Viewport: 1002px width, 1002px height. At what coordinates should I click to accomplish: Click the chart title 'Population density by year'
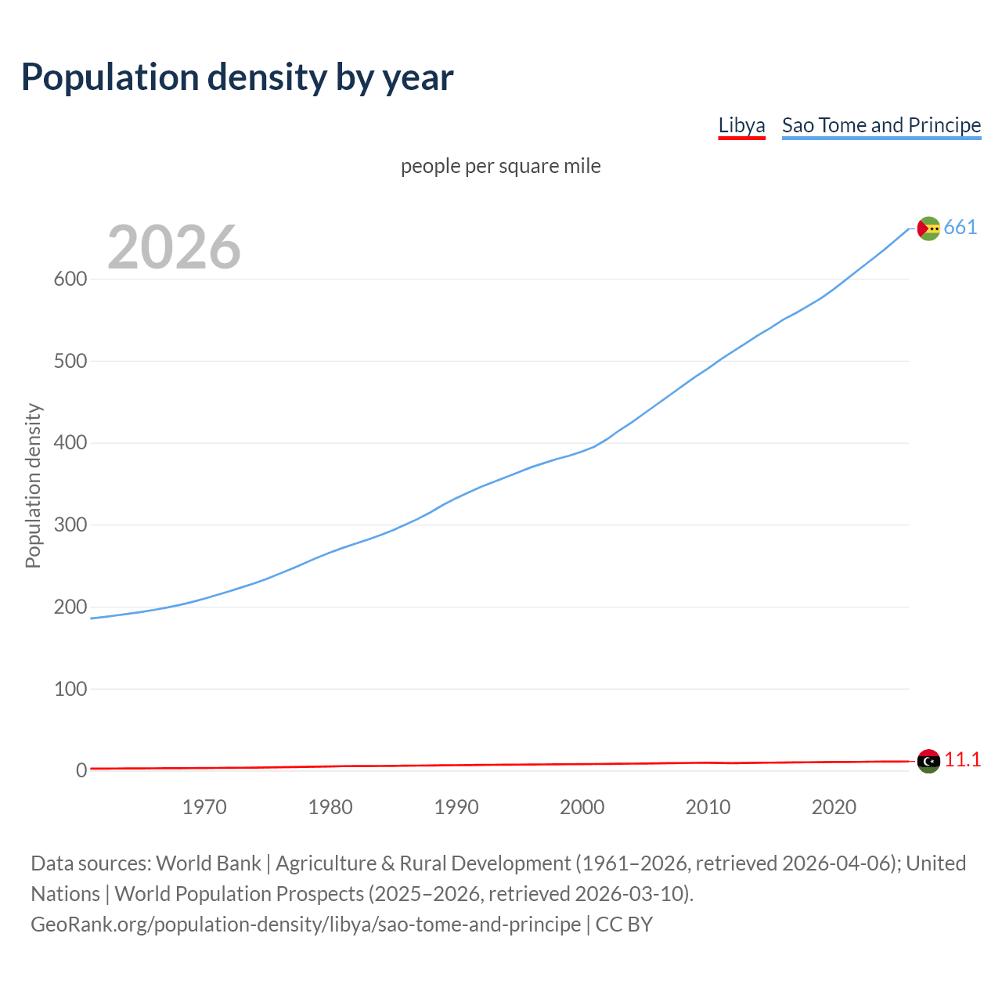pos(237,77)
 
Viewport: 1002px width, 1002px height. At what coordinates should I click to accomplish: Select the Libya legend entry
pos(741,125)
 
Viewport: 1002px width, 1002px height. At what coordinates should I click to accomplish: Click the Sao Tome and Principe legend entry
pos(881,125)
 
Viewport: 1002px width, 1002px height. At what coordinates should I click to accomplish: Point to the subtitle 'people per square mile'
pos(500,166)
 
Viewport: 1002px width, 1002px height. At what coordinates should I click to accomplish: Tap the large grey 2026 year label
pos(174,247)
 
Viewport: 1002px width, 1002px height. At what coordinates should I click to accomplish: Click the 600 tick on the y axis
pos(70,279)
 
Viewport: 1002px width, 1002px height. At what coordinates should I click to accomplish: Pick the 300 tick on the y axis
pos(70,525)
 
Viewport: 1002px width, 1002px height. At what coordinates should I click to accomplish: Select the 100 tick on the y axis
pos(70,689)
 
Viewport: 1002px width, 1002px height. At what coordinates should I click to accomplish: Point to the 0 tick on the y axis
pos(81,771)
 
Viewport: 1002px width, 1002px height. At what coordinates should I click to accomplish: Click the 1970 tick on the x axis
pos(204,807)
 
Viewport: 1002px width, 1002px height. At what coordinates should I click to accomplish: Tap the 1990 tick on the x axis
pos(456,807)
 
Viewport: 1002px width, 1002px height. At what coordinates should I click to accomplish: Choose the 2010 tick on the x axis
pos(708,807)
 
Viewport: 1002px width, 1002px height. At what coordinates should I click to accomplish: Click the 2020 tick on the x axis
pos(834,807)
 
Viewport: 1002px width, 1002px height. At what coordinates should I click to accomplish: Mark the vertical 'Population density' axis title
pos(33,485)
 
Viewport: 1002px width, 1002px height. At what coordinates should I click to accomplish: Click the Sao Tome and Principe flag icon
pos(928,229)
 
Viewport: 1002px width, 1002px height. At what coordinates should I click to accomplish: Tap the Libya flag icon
pos(928,761)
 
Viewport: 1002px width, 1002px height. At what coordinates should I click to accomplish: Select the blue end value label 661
pos(961,228)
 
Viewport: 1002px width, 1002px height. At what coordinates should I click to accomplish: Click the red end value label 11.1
pos(962,760)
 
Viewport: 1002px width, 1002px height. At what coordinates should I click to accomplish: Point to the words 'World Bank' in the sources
pos(208,863)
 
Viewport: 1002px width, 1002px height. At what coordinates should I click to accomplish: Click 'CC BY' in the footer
pos(624,925)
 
